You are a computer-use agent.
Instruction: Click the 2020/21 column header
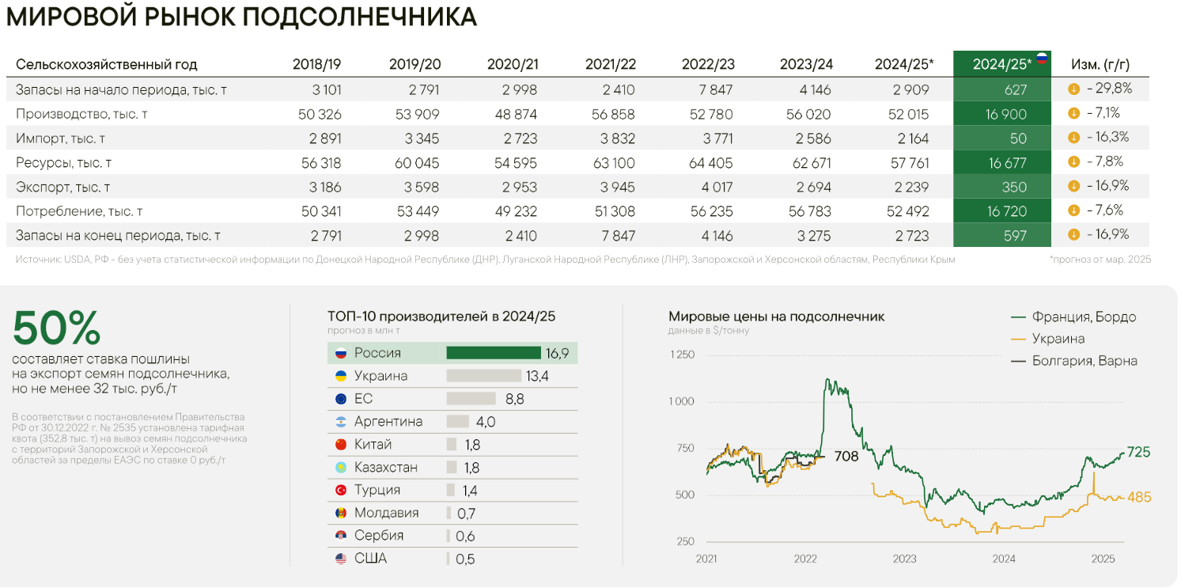point(513,64)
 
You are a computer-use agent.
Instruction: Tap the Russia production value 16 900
point(1005,115)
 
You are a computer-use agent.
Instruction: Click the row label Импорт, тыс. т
point(61,138)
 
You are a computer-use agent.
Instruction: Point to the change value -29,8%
point(1107,89)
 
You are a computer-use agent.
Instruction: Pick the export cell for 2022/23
point(712,188)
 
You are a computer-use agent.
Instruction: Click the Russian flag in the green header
point(1041,59)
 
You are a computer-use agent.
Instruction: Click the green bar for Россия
point(494,353)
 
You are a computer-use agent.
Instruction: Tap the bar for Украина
point(483,376)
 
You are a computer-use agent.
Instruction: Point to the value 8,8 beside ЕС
point(514,399)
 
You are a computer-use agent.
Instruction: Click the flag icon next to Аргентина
point(341,422)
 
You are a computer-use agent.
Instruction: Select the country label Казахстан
point(385,468)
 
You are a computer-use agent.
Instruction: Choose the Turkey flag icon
point(341,491)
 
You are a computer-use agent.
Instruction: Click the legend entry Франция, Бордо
point(1083,317)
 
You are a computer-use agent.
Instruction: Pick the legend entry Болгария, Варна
point(1084,361)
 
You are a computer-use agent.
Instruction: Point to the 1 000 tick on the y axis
point(681,401)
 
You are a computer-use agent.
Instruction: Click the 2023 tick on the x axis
point(904,559)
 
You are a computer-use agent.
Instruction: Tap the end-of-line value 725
point(1138,453)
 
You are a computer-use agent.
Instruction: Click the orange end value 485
point(1139,497)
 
